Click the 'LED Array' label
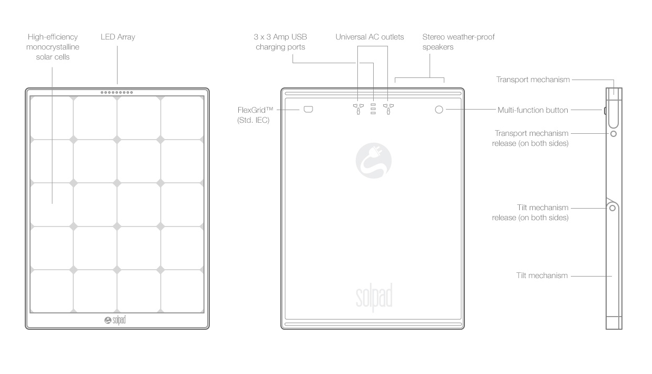118,37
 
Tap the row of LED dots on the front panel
116,93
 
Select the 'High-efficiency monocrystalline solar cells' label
53,47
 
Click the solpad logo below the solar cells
115,320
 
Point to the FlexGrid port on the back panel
308,110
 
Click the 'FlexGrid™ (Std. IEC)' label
255,115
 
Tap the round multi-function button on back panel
439,110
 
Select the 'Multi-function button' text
533,110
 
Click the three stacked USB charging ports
373,109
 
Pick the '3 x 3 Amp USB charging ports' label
280,42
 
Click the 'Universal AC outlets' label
369,37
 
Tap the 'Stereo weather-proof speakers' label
459,42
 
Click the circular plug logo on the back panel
374,161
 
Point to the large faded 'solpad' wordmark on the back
374,297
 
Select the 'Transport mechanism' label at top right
533,80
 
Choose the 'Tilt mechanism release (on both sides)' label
530,213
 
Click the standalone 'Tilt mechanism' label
542,275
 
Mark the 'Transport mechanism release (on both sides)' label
530,138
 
